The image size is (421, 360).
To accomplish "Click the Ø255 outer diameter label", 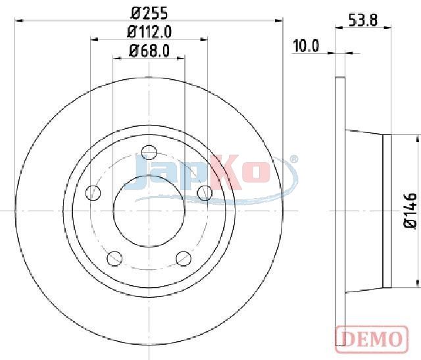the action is [x=149, y=13].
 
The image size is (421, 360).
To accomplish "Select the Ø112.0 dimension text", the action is [x=149, y=32].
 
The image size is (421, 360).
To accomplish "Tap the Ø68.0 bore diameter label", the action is [x=149, y=51].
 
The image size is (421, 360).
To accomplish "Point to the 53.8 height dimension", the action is [x=363, y=20].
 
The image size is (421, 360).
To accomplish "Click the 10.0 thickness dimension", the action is [x=306, y=45].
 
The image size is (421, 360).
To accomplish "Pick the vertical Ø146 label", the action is [x=410, y=211].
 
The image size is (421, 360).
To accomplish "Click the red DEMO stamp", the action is [x=372, y=338].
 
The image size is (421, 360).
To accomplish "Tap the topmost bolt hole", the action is [x=149, y=153].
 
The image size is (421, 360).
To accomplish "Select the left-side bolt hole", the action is [x=93, y=193].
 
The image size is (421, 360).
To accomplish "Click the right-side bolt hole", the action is [x=205, y=193].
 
